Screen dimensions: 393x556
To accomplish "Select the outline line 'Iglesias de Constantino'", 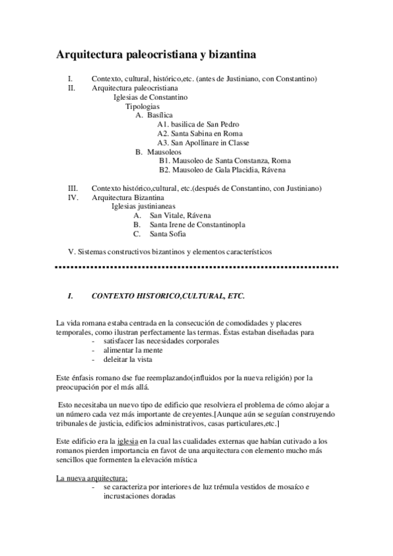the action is pyautogui.click(x=150, y=97).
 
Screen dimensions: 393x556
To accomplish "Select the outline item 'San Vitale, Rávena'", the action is pyautogui.click(x=180, y=215).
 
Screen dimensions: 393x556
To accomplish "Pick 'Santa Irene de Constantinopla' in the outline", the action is pyautogui.click(x=197, y=224).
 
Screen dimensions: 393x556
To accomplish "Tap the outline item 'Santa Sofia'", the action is pyautogui.click(x=168, y=233).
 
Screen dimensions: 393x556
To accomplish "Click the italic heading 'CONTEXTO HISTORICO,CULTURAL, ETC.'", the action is pyautogui.click(x=167, y=296).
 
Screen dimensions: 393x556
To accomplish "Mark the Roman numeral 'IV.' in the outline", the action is pyautogui.click(x=73, y=197).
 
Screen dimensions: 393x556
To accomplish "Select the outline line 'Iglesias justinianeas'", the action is pyautogui.click(x=143, y=206).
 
